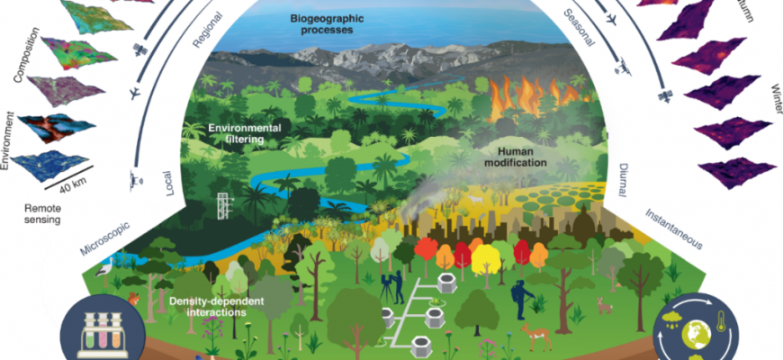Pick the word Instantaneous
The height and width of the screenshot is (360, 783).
click(x=674, y=230)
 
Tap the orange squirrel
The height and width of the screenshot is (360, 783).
click(x=133, y=300)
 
